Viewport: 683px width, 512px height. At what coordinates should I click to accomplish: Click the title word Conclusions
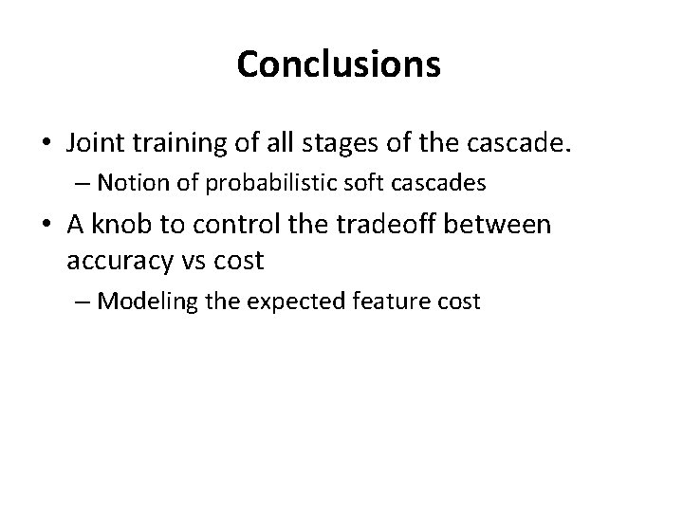click(339, 64)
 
